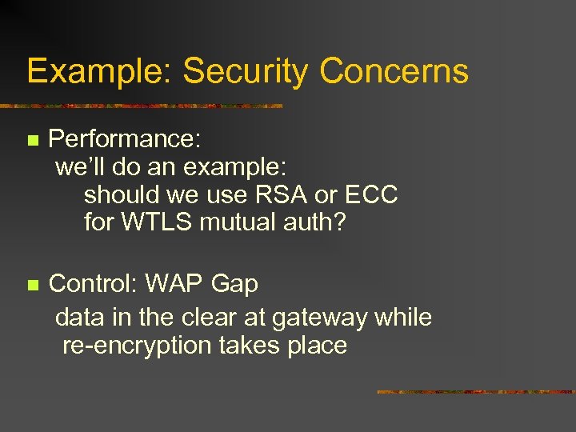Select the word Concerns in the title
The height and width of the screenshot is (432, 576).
(394, 72)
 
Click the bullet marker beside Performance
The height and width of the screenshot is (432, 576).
(33, 141)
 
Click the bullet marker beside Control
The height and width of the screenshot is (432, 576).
(33, 285)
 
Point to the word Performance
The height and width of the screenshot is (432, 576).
(124, 140)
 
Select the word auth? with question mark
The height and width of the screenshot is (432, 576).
(316, 222)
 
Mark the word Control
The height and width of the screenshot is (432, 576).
(95, 283)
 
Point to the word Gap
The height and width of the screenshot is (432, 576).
(235, 285)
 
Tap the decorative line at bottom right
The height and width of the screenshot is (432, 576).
(475, 392)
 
